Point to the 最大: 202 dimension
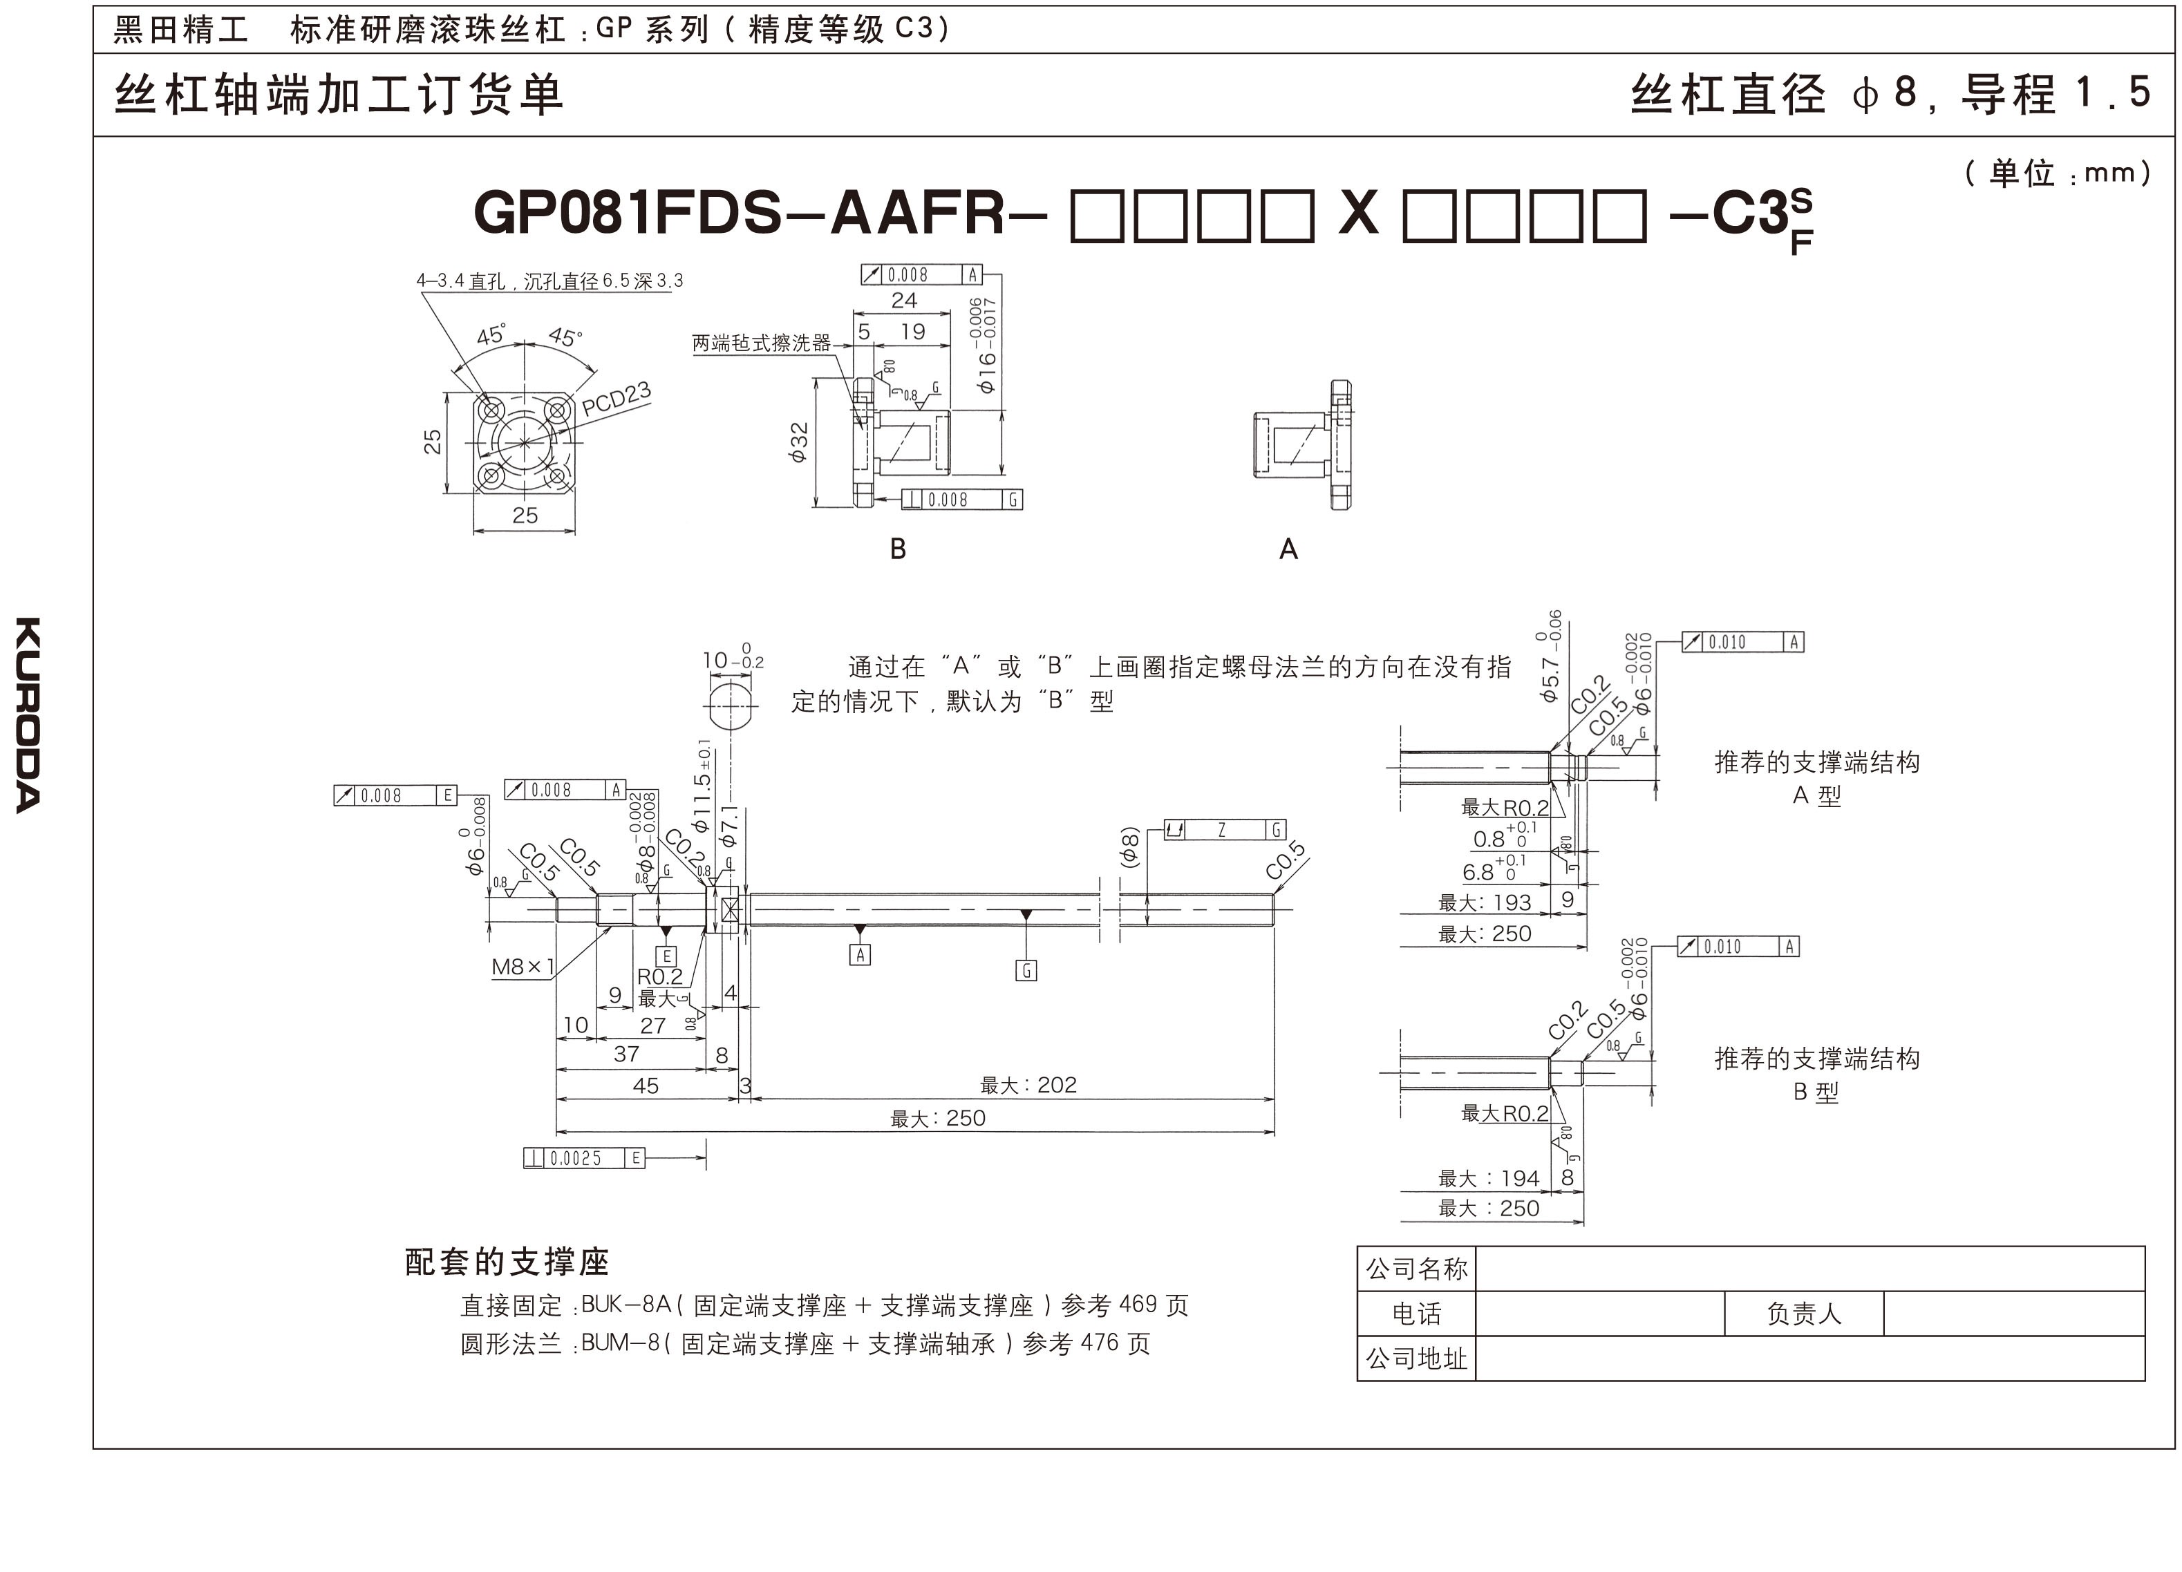click(1028, 1086)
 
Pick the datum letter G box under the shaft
click(1026, 971)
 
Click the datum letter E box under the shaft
click(665, 956)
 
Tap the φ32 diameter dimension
click(798, 442)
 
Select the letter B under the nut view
click(898, 549)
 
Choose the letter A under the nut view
click(1288, 549)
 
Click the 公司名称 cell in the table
click(1416, 1269)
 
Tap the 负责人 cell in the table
click(1803, 1314)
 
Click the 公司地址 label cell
click(1416, 1358)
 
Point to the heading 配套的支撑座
click(507, 1261)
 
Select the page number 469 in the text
click(1138, 1305)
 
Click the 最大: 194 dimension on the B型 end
click(1488, 1179)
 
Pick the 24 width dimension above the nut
click(903, 300)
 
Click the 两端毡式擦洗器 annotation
click(761, 343)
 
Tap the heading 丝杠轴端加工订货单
click(339, 95)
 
